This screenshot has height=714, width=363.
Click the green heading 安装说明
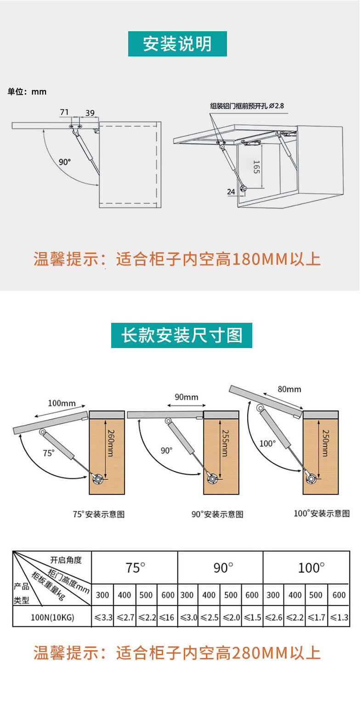tap(177, 44)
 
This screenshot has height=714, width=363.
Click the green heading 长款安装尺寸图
tap(181, 335)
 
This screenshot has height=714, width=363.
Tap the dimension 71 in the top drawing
tap(64, 112)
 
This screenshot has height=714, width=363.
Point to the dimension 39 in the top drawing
tap(90, 113)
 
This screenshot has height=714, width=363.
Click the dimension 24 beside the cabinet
tap(231, 191)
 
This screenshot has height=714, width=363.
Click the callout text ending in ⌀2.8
tap(247, 106)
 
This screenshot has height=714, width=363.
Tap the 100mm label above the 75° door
tap(62, 404)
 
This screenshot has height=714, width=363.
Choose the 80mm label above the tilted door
tap(289, 389)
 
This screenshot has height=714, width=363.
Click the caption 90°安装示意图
tap(217, 514)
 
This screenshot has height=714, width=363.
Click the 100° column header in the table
tap(311, 568)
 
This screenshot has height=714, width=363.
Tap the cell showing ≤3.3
tap(103, 618)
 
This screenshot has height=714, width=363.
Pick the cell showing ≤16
tap(167, 618)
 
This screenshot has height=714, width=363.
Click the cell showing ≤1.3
tap(339, 618)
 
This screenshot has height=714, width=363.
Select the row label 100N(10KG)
tap(52, 618)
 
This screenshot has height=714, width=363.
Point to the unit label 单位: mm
tap(27, 92)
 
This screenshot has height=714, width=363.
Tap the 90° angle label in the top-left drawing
tap(65, 162)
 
